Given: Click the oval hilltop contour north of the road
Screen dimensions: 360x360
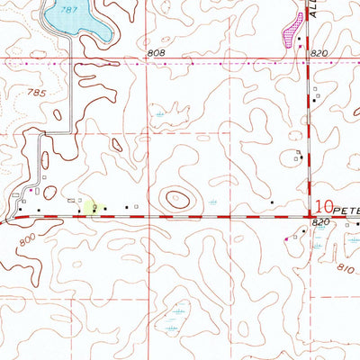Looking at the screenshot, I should coord(175,198).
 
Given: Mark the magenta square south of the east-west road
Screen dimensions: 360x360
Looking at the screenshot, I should coord(286,238).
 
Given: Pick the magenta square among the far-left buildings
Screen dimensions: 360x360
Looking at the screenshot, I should coord(31,190).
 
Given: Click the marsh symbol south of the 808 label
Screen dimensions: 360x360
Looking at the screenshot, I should coord(160,116).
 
